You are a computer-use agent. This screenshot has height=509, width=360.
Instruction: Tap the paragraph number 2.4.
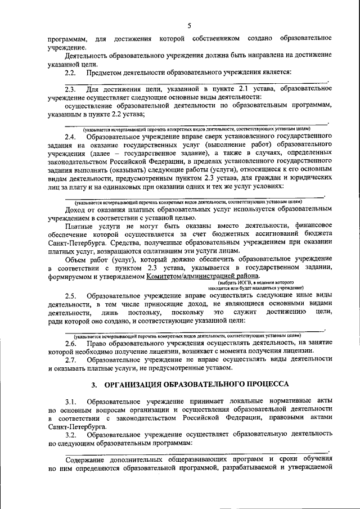click(70, 137)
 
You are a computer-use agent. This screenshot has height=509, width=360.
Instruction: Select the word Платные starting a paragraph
click(79, 226)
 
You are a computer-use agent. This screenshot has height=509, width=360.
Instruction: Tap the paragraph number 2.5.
click(70, 296)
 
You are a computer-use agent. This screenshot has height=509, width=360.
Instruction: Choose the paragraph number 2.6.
click(70, 343)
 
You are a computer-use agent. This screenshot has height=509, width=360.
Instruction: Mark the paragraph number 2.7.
click(70, 359)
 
